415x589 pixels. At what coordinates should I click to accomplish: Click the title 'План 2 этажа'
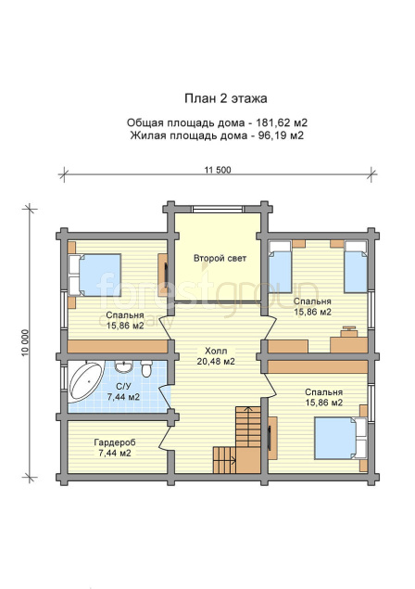225,98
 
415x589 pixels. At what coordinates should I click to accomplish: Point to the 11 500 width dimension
218,170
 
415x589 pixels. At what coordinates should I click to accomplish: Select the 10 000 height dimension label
25,342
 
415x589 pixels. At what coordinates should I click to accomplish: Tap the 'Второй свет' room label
220,258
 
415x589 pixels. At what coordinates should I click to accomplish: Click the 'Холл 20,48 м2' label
216,356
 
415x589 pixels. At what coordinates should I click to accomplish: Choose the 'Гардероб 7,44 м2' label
115,448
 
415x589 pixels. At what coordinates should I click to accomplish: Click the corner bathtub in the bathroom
85,381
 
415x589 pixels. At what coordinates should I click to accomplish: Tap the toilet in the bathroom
146,368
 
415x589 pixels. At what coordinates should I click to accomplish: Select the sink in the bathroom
122,365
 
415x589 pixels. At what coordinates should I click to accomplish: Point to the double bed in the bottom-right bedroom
340,438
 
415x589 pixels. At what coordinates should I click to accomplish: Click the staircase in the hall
237,440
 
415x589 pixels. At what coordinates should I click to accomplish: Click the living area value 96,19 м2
281,135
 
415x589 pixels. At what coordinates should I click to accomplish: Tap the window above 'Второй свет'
220,209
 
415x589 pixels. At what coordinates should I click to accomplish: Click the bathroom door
165,397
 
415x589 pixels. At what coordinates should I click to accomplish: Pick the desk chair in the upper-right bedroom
349,331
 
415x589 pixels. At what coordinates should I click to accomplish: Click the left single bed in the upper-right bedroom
281,267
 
